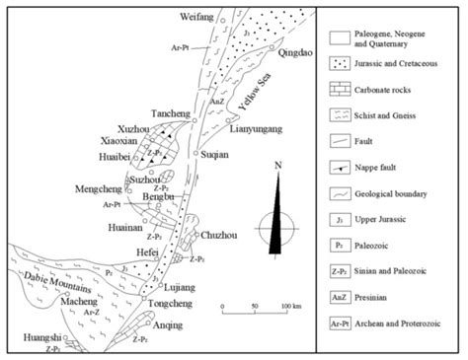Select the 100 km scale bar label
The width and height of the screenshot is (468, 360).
click(x=291, y=306)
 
